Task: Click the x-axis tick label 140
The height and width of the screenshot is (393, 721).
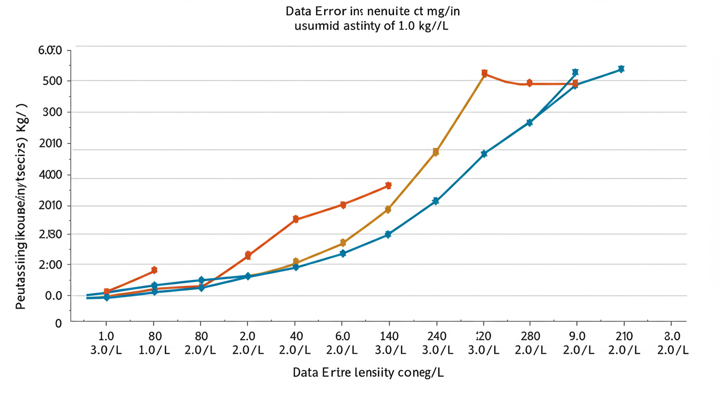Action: pyautogui.click(x=389, y=336)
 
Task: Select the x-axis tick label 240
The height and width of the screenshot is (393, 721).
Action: pyautogui.click(x=436, y=336)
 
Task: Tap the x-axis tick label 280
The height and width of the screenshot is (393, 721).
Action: pyautogui.click(x=529, y=336)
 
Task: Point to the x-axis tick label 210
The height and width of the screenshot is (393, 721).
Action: pyautogui.click(x=624, y=336)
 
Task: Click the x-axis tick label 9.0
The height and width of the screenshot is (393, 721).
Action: pyautogui.click(x=577, y=336)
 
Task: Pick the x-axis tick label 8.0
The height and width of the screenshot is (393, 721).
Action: pyautogui.click(x=671, y=336)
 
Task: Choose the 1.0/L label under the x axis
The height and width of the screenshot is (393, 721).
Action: pyautogui.click(x=154, y=351)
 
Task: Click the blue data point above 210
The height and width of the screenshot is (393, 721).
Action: pyautogui.click(x=621, y=69)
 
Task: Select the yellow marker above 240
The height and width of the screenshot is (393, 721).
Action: pyautogui.click(x=436, y=151)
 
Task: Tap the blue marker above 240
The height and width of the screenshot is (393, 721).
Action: pyautogui.click(x=436, y=201)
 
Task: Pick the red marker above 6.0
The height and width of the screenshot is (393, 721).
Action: pyautogui.click(x=343, y=205)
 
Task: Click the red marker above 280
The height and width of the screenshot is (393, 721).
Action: pyautogui.click(x=529, y=83)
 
